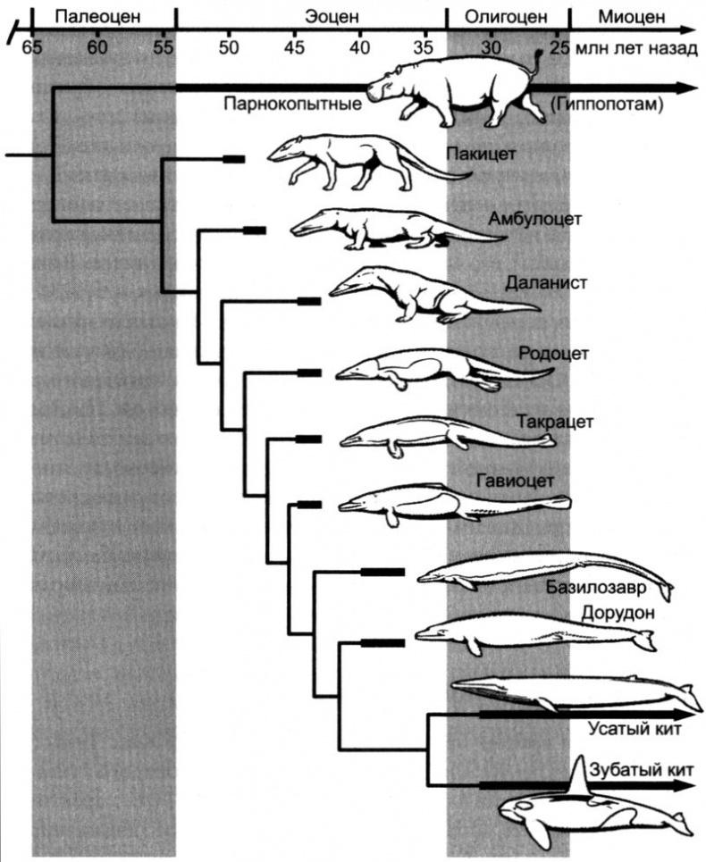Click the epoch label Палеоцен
click(103, 15)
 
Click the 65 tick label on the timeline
click(32, 46)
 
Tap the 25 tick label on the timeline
click(559, 46)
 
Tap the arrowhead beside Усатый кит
click(688, 715)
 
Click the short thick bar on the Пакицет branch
click(233, 159)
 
